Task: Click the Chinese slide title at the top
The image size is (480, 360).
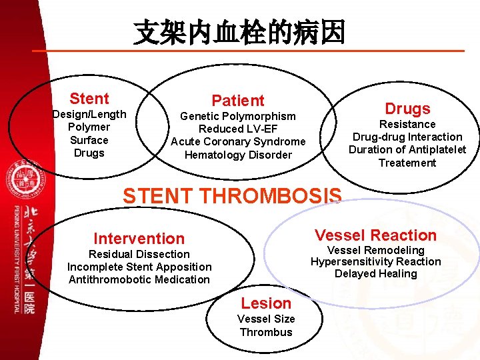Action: click(x=239, y=32)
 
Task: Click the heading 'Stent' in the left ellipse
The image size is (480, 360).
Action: click(x=89, y=99)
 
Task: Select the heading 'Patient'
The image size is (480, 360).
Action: click(x=238, y=101)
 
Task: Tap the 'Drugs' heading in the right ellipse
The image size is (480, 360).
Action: click(x=407, y=109)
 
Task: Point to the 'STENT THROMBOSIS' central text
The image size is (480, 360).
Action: click(x=232, y=195)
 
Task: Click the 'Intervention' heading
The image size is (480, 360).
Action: click(x=139, y=239)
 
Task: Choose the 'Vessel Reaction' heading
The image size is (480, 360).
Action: click(x=375, y=235)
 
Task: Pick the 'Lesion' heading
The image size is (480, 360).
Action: click(x=266, y=303)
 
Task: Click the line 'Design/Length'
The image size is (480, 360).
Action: click(x=89, y=114)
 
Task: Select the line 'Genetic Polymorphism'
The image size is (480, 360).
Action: click(x=238, y=116)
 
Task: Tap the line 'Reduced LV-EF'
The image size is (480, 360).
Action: click(x=238, y=129)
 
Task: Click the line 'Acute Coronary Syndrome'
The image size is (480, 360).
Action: click(x=238, y=141)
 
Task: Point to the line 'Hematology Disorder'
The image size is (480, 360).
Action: click(x=238, y=155)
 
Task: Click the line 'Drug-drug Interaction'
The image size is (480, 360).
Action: click(x=407, y=137)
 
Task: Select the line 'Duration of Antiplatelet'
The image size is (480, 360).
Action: click(x=407, y=149)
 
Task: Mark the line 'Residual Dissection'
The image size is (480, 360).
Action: click(x=139, y=254)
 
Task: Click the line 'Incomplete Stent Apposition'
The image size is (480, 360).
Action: click(x=139, y=267)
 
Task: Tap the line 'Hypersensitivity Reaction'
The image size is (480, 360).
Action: click(x=375, y=261)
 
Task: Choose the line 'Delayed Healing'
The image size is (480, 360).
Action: click(x=375, y=273)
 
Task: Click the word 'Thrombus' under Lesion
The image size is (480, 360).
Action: click(x=266, y=332)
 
